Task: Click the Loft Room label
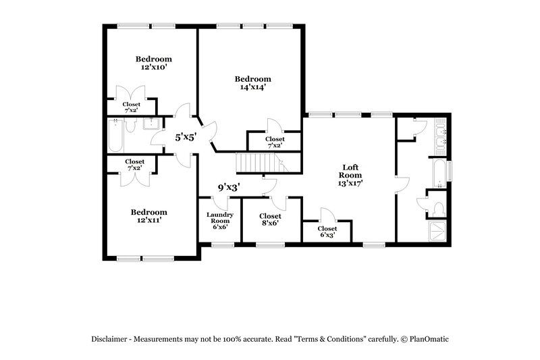(x=349, y=171)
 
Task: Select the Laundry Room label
(x=219, y=218)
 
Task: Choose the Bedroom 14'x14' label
(x=252, y=82)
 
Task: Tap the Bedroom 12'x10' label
(x=153, y=63)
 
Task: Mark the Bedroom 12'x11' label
(x=148, y=215)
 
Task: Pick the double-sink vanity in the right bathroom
(x=441, y=138)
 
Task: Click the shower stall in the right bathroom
(x=438, y=230)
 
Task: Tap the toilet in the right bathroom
(x=438, y=207)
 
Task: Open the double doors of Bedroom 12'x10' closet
(x=131, y=93)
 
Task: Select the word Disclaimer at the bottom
(x=114, y=338)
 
